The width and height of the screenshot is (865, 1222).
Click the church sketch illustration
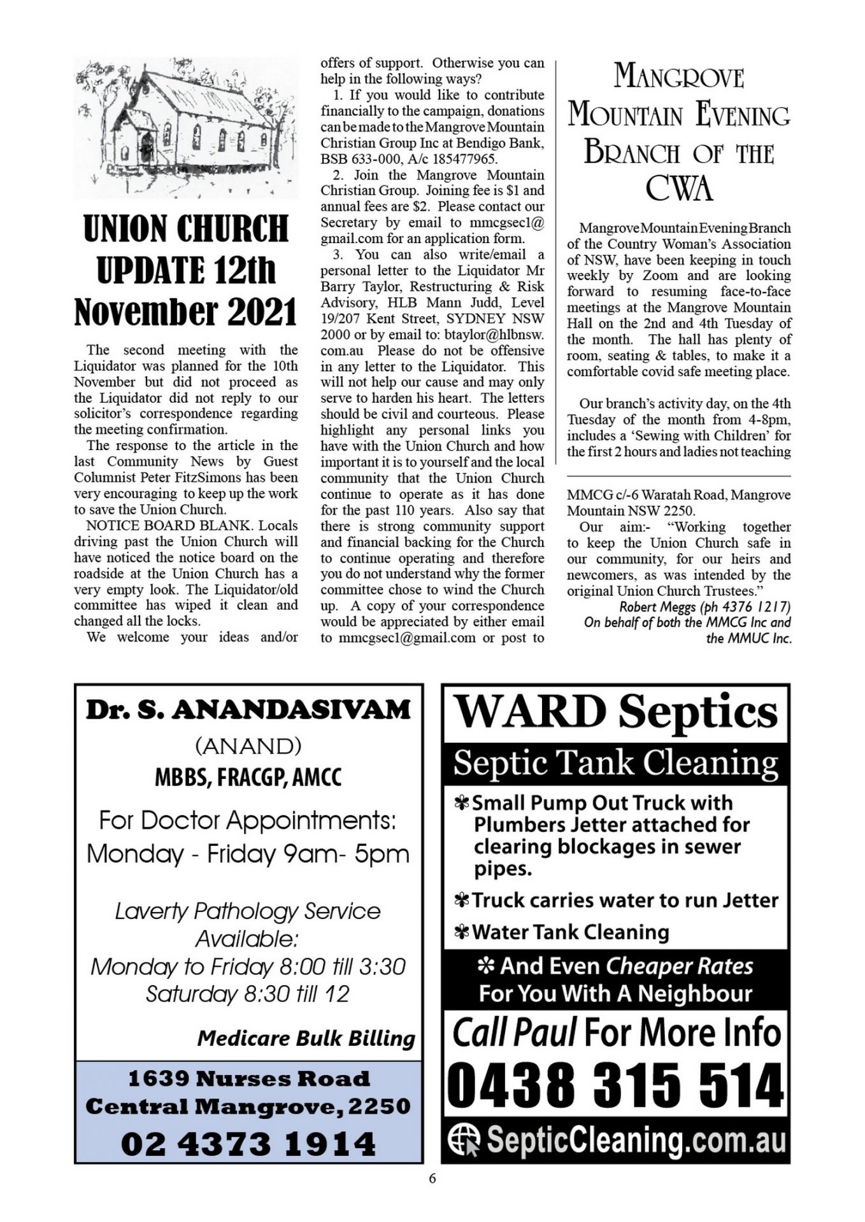click(x=185, y=127)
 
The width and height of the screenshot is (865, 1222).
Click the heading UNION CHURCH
click(x=185, y=229)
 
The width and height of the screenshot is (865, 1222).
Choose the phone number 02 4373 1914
click(x=248, y=1144)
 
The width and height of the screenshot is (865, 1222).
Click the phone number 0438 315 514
click(x=615, y=1087)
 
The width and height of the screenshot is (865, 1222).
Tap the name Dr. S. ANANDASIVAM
click(x=248, y=710)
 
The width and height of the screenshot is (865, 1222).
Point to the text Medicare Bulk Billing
click(x=306, y=1038)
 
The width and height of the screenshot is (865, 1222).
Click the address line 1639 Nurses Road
click(x=248, y=1079)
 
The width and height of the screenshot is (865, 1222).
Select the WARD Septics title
click(x=615, y=712)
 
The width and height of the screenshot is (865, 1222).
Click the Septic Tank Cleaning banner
click(x=615, y=762)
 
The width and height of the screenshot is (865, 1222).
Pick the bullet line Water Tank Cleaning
click(x=569, y=932)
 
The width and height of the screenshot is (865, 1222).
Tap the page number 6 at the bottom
click(x=432, y=1179)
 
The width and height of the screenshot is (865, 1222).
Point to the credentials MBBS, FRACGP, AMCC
click(x=248, y=777)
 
